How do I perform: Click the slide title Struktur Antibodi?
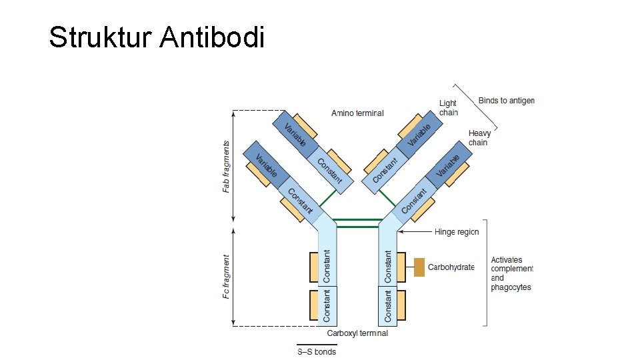click(157, 37)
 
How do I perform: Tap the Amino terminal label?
click(357, 113)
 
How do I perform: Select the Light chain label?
click(448, 108)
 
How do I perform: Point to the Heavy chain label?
click(479, 138)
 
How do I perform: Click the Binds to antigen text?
click(506, 101)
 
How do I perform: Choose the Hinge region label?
click(457, 232)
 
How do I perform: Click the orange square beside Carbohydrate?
click(419, 267)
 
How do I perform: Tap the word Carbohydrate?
click(451, 267)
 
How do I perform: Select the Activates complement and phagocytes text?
click(512, 273)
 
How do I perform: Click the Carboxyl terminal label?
click(357, 333)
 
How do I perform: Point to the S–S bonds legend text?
click(317, 351)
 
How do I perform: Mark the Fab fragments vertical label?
click(227, 167)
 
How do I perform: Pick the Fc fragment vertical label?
click(227, 276)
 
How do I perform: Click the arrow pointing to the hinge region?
click(414, 232)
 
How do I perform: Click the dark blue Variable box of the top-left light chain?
click(294, 134)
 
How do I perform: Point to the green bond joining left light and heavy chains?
click(327, 197)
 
